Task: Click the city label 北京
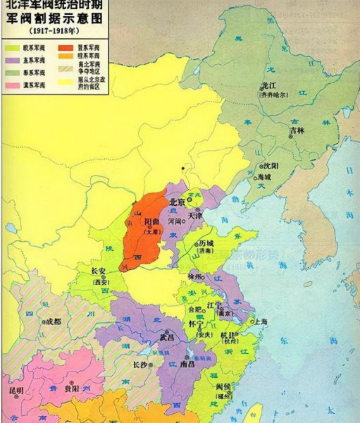(x=178, y=202)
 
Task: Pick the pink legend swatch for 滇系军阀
(x=13, y=85)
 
